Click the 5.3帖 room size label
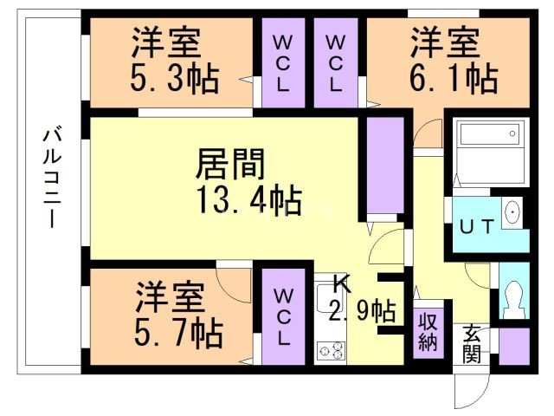pyautogui.click(x=175, y=80)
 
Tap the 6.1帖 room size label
pyautogui.click(x=454, y=79)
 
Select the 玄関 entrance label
pyautogui.click(x=472, y=344)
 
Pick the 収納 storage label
pyautogui.click(x=428, y=329)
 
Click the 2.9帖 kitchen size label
pyautogui.click(x=362, y=309)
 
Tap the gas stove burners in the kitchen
pyautogui.click(x=331, y=350)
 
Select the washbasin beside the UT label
pyautogui.click(x=512, y=212)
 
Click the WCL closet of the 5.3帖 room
pyautogui.click(x=282, y=63)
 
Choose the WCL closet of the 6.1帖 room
pyautogui.click(x=336, y=63)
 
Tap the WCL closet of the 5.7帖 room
pyautogui.click(x=283, y=317)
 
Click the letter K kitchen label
pyautogui.click(x=343, y=283)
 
